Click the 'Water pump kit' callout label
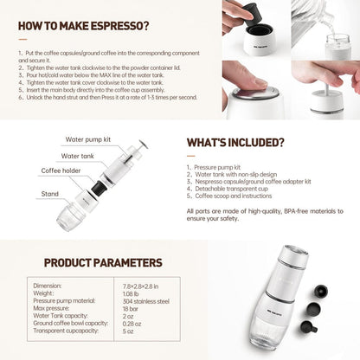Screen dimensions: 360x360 click(87, 138)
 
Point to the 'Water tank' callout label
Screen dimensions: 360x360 click(78, 156)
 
